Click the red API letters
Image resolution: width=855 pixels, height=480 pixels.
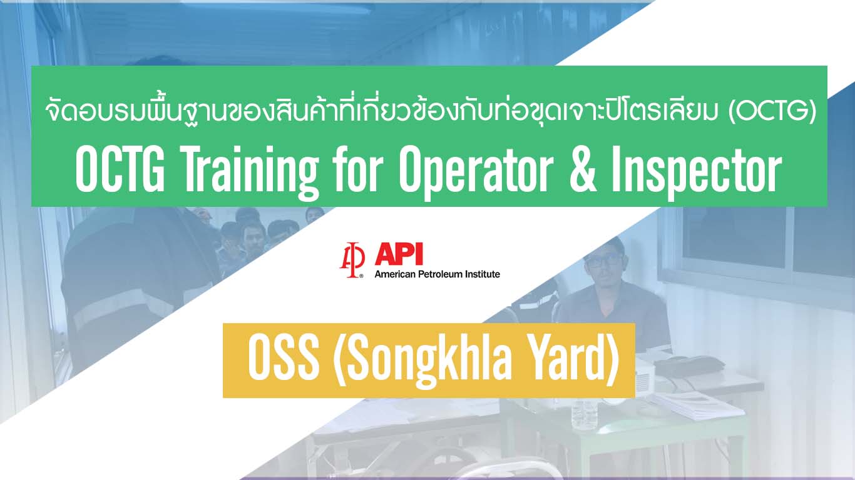point(398,254)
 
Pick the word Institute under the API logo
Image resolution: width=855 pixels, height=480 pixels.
point(483,274)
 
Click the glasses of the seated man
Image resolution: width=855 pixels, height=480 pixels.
point(604,260)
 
